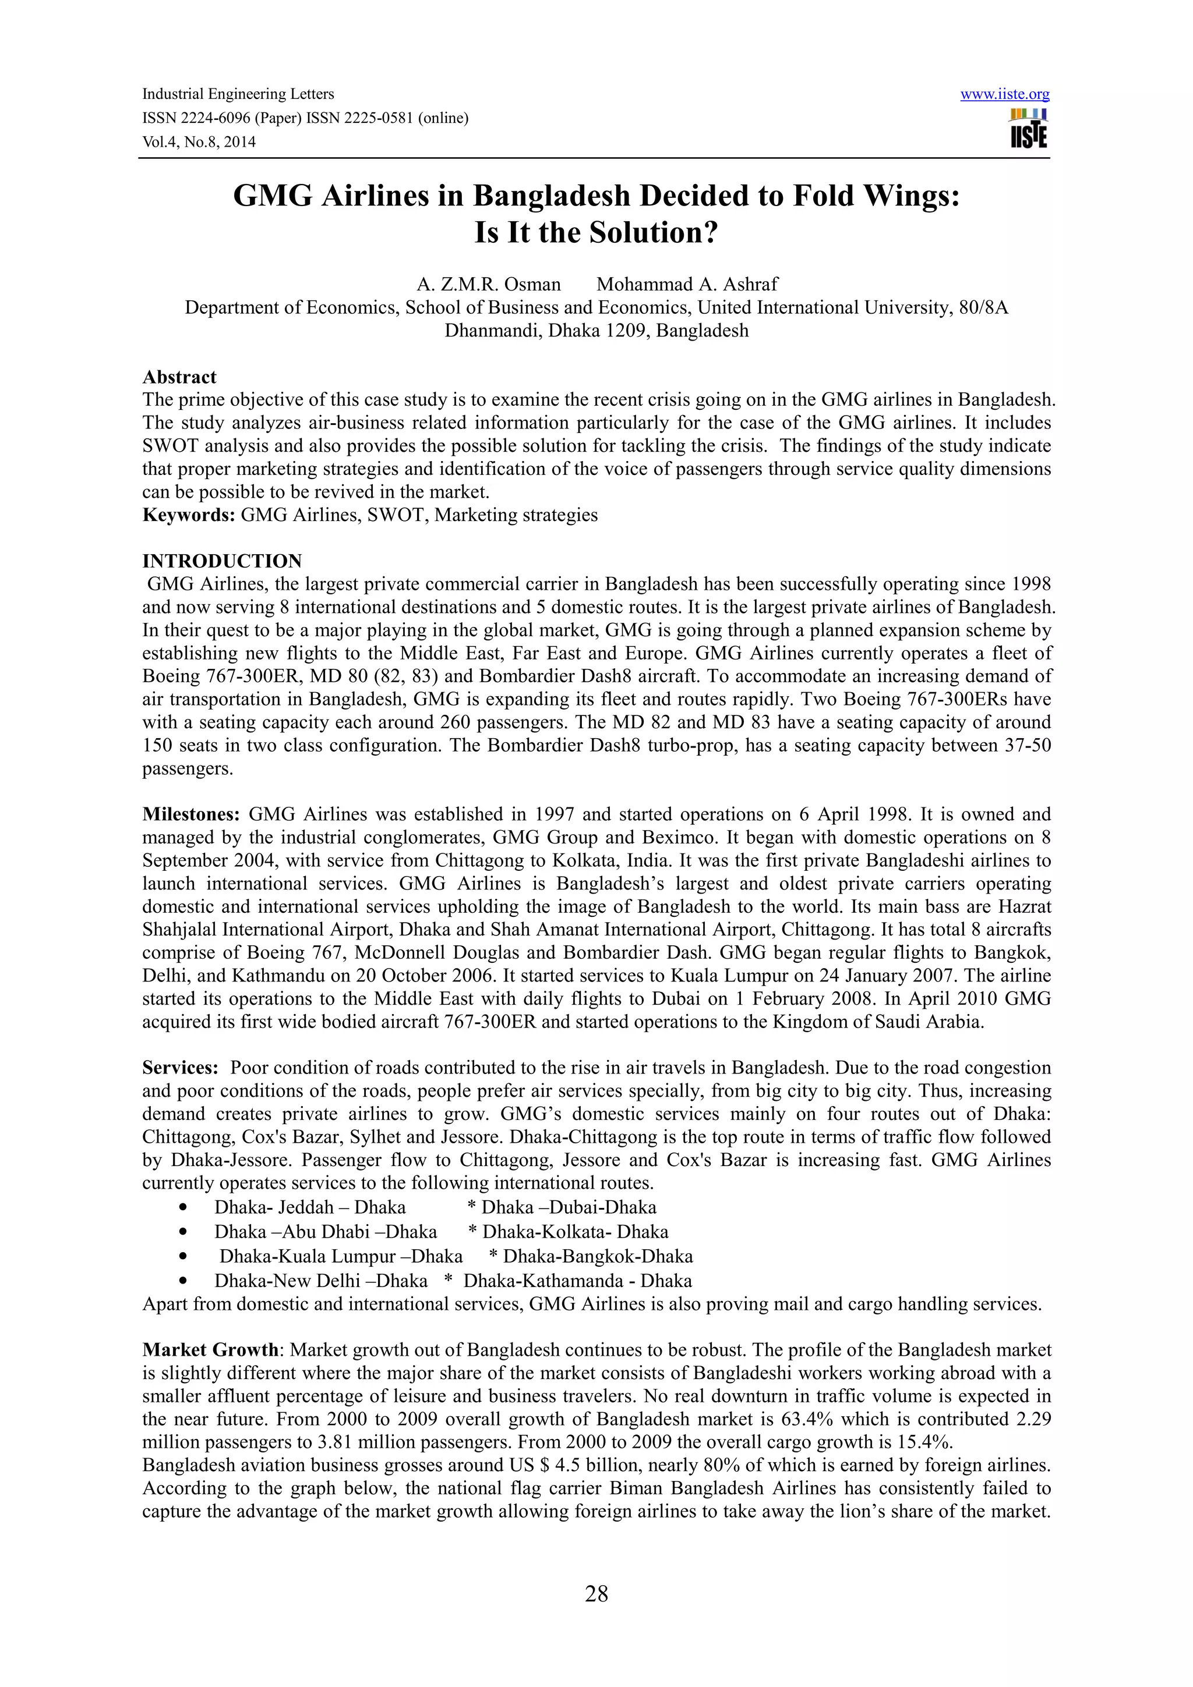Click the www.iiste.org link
coord(1004,94)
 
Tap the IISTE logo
coord(1028,129)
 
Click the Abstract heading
coord(179,377)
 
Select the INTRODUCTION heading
coord(222,561)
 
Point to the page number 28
coord(596,1594)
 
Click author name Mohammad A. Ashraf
coord(687,283)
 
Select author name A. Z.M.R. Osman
coord(488,283)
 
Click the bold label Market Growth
coord(210,1350)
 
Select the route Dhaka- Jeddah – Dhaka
coord(309,1207)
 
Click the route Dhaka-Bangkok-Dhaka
coord(598,1256)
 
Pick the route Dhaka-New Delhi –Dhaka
coord(320,1281)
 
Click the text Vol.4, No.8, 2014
coord(199,142)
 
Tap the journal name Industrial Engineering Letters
coord(238,94)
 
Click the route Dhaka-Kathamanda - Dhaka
coord(577,1281)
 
